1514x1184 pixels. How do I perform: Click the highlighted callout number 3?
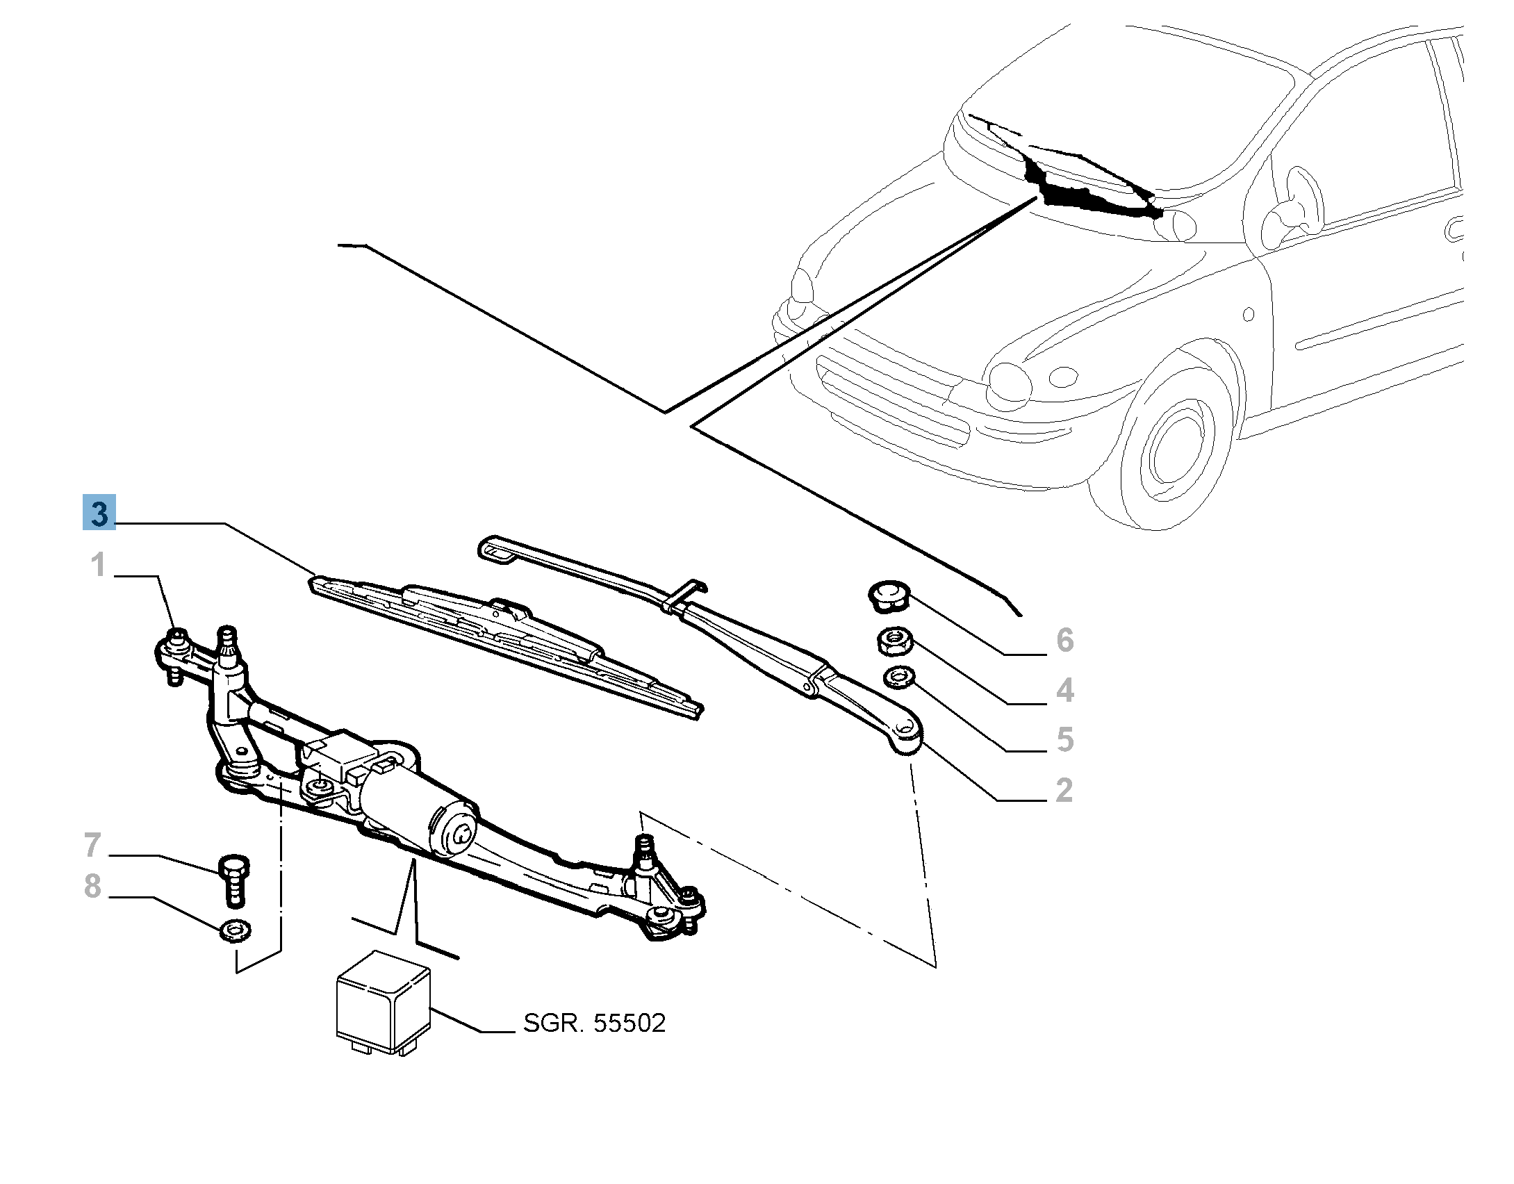[x=99, y=513]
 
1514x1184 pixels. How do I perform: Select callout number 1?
[x=98, y=564]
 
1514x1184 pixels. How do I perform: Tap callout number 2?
[x=1064, y=790]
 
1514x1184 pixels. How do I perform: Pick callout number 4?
[x=1064, y=690]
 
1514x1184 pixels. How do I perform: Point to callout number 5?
[x=1064, y=739]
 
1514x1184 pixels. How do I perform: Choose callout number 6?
[x=1064, y=640]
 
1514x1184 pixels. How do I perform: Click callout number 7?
[x=92, y=845]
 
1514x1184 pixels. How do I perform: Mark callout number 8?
[x=92, y=886]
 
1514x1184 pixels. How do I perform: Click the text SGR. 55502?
[x=594, y=1023]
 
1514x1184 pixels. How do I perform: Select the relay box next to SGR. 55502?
[x=383, y=1004]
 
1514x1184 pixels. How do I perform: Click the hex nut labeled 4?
[x=895, y=641]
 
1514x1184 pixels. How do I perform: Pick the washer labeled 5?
[x=899, y=677]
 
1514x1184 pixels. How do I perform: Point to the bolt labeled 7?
[x=234, y=880]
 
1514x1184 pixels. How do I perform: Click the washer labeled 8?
[x=235, y=930]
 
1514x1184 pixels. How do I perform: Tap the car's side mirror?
[x=1292, y=202]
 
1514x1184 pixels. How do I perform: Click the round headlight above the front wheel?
[x=1009, y=384]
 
